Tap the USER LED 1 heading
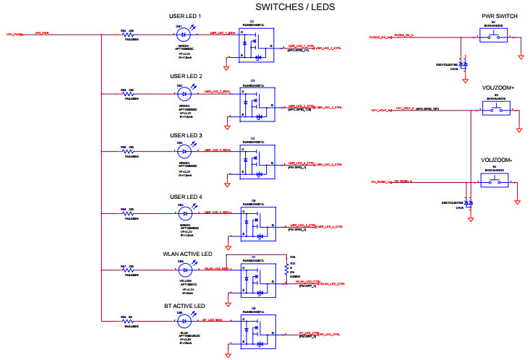(186, 16)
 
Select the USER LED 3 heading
(186, 135)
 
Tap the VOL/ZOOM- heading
(496, 160)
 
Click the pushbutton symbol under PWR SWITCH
(497, 35)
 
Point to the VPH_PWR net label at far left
(17, 34)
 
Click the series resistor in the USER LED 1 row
(132, 34)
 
